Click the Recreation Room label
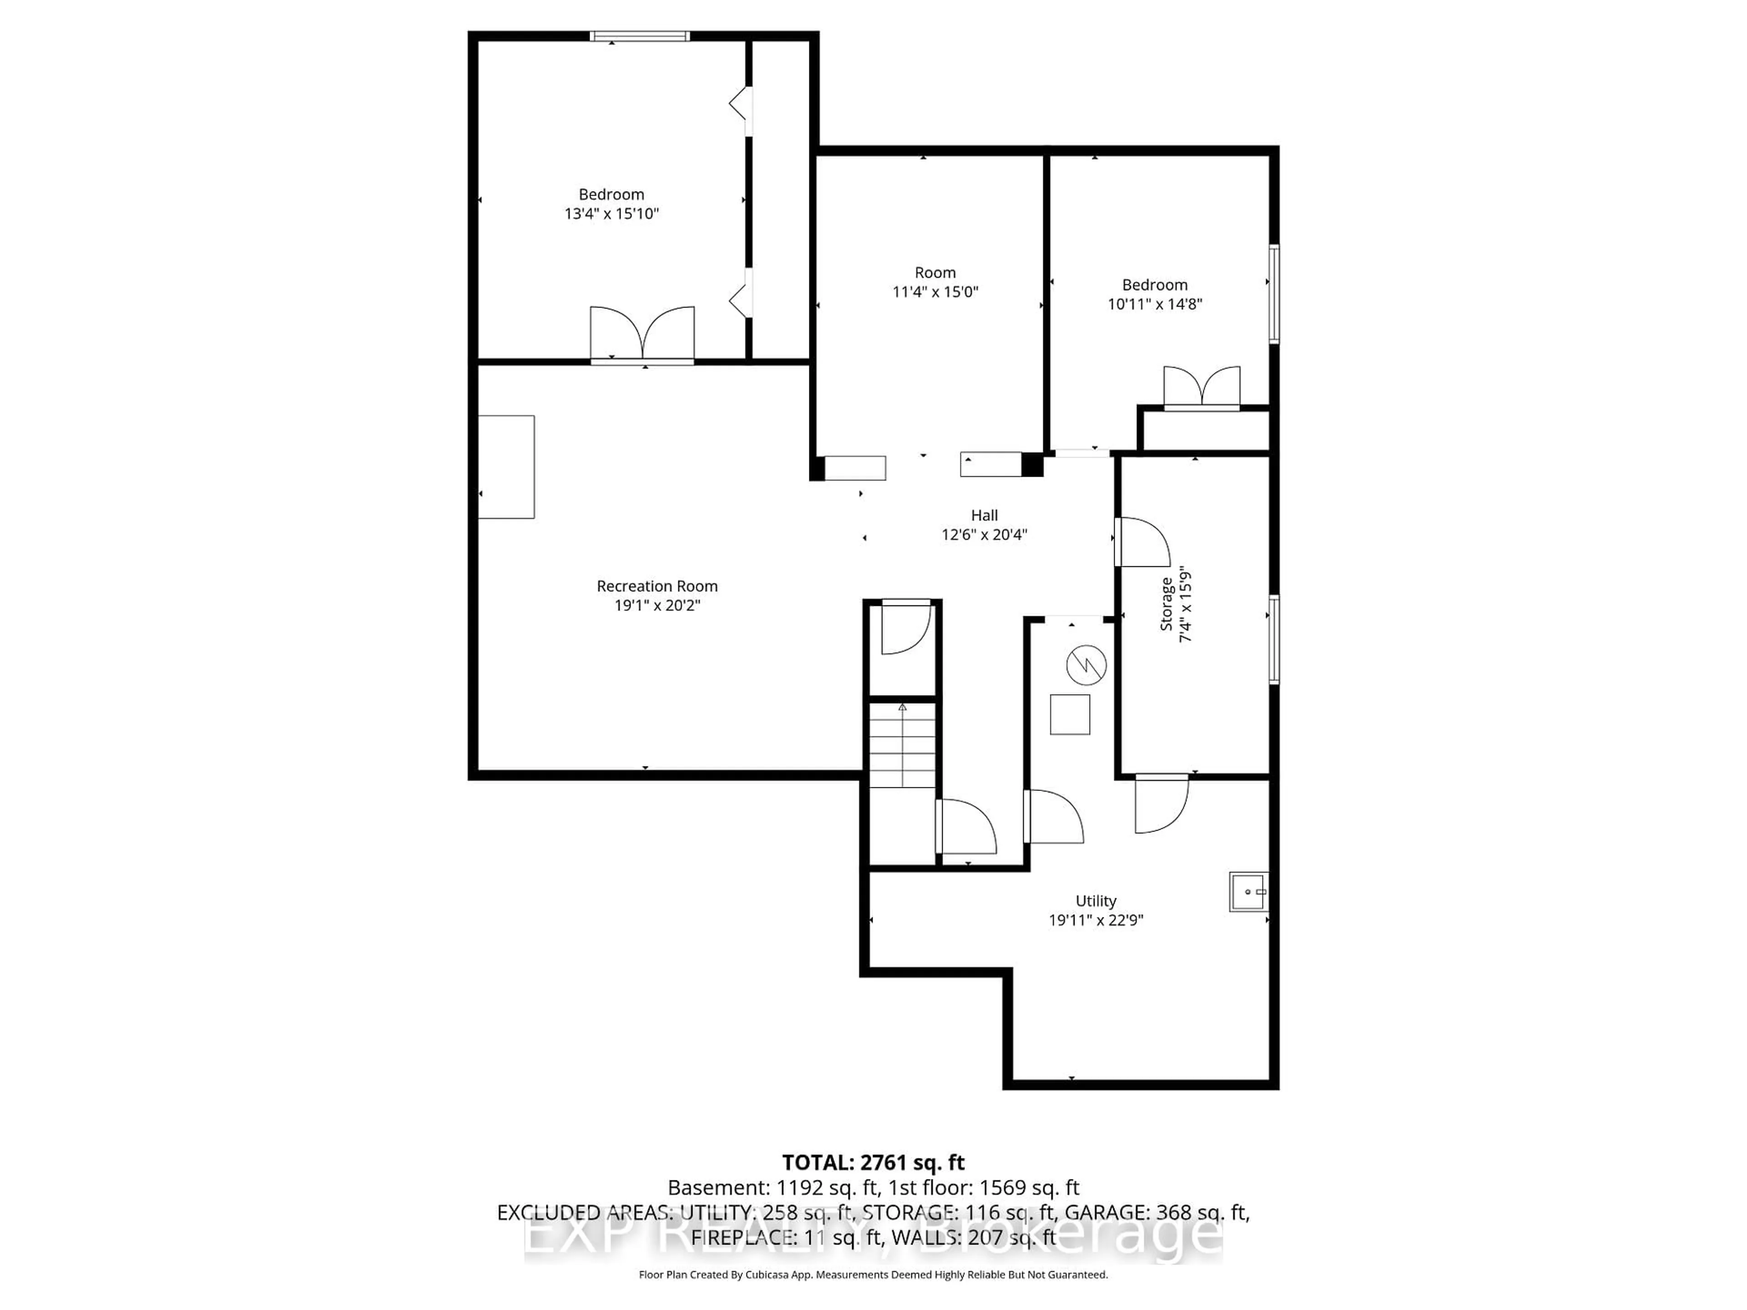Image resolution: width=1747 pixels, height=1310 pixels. [x=656, y=586]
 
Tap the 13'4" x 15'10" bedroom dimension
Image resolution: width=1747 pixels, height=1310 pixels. [x=611, y=213]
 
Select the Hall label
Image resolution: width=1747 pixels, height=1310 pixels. [x=984, y=515]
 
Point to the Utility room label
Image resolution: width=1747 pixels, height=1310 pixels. [x=1096, y=900]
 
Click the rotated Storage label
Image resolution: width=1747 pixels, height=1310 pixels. [x=1166, y=604]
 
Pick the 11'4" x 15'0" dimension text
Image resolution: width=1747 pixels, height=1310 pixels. [x=935, y=292]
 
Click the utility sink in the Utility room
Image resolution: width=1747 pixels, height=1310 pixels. [x=1248, y=892]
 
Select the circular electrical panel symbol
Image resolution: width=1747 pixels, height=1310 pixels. [x=1086, y=665]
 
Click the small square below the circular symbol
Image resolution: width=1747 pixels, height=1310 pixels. [x=1070, y=715]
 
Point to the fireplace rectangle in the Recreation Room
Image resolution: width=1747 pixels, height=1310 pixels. [x=506, y=467]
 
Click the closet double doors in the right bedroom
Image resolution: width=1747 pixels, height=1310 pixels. [x=1201, y=387]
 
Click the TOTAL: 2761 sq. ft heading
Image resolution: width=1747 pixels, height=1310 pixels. [x=873, y=1162]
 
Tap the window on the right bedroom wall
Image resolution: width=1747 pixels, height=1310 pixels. [x=1273, y=294]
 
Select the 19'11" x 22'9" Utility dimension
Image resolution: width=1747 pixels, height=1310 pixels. [x=1096, y=920]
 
